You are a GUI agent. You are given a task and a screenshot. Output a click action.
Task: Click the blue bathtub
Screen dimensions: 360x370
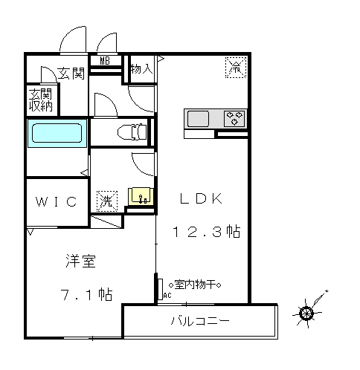point(57,133)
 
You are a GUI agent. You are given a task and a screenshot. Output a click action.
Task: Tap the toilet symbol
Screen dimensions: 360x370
point(132,132)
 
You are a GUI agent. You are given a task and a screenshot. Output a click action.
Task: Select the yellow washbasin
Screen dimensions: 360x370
point(141,196)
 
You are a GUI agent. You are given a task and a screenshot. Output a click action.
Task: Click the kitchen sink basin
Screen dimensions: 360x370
point(198,119)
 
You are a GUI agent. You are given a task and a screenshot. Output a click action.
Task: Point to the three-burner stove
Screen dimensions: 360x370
point(234,118)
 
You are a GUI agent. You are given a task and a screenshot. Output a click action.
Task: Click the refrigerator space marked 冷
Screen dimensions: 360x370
point(236,68)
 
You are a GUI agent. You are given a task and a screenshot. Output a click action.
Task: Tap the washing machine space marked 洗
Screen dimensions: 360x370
point(107,201)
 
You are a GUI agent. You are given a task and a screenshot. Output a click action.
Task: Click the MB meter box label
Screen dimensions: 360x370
point(105,61)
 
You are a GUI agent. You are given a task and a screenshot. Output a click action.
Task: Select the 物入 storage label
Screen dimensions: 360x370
point(142,68)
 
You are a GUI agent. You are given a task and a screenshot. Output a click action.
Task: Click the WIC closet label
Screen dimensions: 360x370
point(57,201)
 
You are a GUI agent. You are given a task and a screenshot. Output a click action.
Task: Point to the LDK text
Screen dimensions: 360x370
point(201,198)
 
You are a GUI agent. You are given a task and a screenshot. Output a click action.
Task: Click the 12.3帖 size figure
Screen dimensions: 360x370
point(206,232)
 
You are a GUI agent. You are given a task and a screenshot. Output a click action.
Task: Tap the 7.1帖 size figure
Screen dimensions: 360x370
point(87,294)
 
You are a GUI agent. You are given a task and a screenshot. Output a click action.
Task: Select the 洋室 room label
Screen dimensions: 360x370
point(81,261)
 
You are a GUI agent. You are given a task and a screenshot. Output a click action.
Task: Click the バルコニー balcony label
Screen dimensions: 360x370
point(200,321)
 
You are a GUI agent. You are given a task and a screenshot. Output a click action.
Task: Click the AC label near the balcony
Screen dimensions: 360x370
point(167,296)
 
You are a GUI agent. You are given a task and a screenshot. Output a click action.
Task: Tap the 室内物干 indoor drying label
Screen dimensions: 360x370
point(195,285)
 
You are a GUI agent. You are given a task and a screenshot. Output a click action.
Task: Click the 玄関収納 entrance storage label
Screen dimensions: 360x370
point(41,100)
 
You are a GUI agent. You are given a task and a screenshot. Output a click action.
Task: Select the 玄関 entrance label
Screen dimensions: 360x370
point(71,74)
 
